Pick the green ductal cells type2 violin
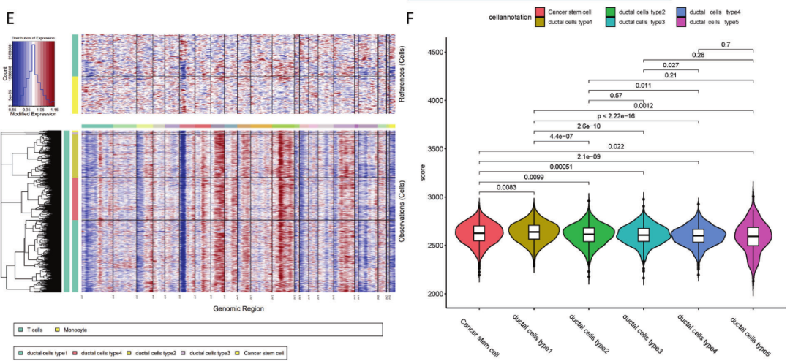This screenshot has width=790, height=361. [x=589, y=234]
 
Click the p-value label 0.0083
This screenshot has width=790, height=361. [x=506, y=188]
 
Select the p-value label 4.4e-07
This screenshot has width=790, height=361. [x=560, y=137]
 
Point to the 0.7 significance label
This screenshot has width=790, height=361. [x=726, y=45]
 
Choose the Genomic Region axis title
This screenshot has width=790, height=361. [x=238, y=309]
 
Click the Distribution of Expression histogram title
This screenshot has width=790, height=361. [x=37, y=37]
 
